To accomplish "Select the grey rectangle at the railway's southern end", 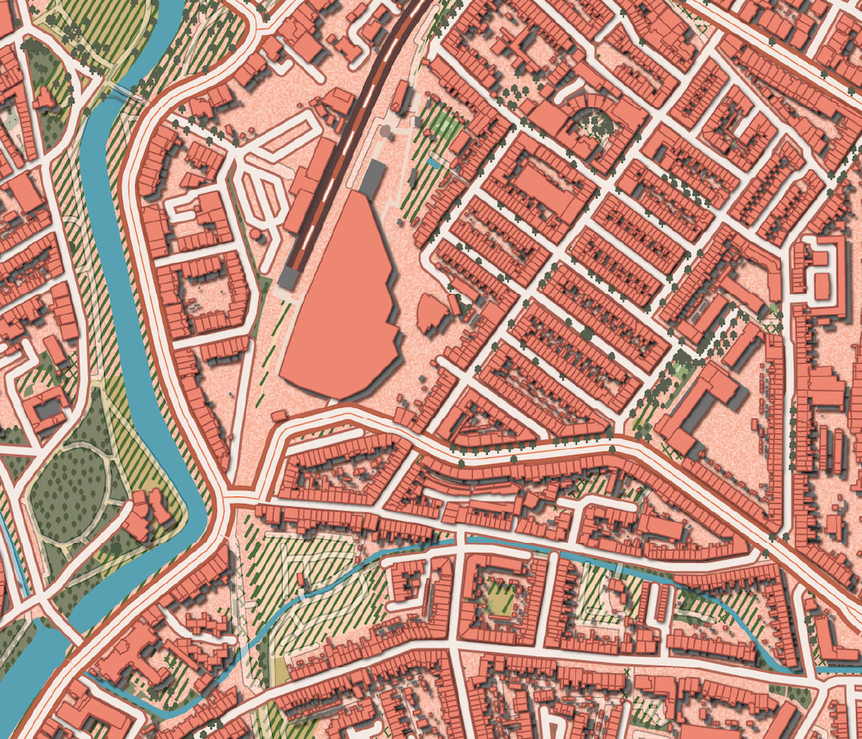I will [288, 278].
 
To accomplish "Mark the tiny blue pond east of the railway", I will [433, 163].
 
